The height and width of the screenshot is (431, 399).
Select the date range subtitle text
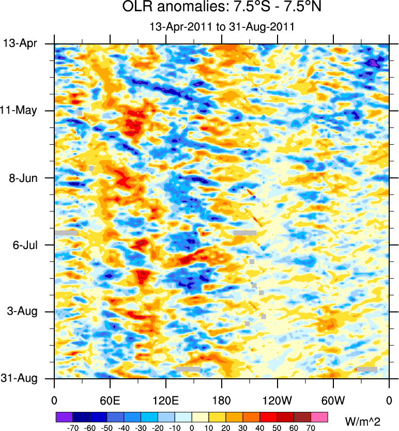pyautogui.click(x=221, y=27)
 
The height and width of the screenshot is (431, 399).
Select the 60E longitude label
pyautogui.click(x=110, y=401)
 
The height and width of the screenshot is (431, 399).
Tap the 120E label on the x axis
pyautogui.click(x=166, y=401)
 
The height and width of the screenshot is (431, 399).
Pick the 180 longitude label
pyautogui.click(x=221, y=401)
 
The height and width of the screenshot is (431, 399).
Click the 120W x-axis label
pyautogui.click(x=278, y=401)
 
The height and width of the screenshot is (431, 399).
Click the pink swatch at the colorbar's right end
pyautogui.click(x=319, y=416)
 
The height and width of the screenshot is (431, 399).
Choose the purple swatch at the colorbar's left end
pyautogui.click(x=64, y=416)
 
